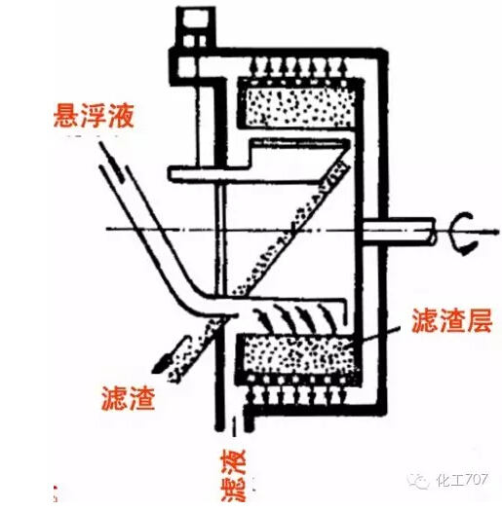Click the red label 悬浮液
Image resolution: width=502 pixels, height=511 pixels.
[x=94, y=116]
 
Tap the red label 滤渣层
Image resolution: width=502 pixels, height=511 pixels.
[x=451, y=320]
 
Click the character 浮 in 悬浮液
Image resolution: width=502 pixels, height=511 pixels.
[x=94, y=116]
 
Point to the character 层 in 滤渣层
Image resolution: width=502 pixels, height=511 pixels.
[x=479, y=320]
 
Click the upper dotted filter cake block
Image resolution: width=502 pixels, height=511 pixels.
[x=299, y=105]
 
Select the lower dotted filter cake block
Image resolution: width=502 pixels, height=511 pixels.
[x=298, y=355]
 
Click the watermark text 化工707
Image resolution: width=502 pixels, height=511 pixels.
[x=462, y=480]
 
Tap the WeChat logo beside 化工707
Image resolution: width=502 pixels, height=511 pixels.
[x=418, y=480]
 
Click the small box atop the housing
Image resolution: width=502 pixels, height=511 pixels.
[x=195, y=27]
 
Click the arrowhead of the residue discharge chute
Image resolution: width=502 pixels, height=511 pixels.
[x=161, y=364]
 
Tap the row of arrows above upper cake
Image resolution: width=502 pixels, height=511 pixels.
[x=299, y=67]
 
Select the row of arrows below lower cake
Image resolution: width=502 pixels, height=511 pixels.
[x=296, y=395]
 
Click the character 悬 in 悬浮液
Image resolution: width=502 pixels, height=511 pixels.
[x=66, y=116]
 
